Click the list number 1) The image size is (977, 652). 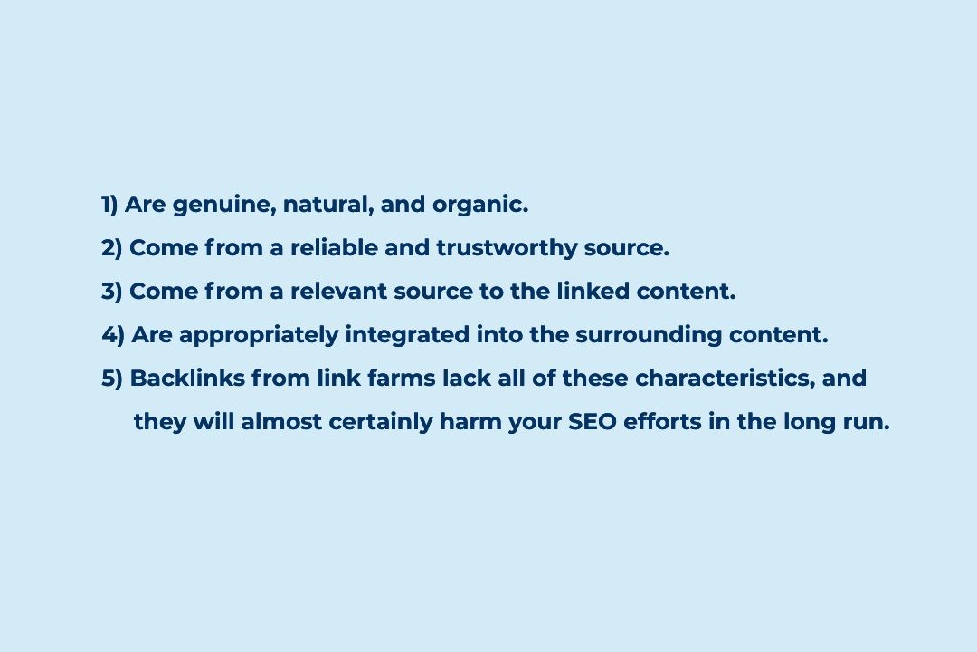(109, 205)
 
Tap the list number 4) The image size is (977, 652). (113, 335)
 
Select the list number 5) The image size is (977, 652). (112, 379)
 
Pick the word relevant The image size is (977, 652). (338, 292)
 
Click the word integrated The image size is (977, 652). (407, 336)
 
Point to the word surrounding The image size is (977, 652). (649, 336)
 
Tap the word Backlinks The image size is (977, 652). (187, 379)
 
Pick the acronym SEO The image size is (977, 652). (592, 422)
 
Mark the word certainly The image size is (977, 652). (381, 423)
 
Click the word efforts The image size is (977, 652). (662, 422)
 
